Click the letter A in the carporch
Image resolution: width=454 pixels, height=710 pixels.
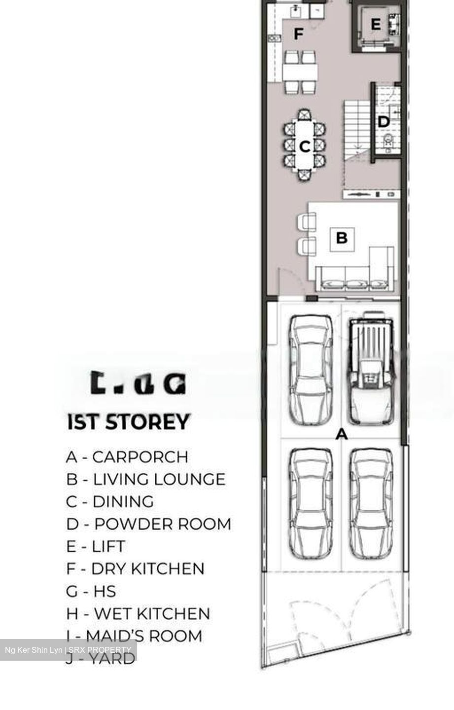(341, 434)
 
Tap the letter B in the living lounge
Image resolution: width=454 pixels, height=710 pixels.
(342, 238)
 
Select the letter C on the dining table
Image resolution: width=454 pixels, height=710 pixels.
(305, 146)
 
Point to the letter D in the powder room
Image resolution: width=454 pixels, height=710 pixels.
(383, 122)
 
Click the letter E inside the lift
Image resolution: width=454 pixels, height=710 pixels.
(376, 24)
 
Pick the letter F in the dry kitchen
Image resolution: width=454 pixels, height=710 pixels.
(298, 34)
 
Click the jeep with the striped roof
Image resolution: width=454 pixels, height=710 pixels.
(371, 367)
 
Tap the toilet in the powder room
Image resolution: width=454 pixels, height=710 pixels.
(389, 142)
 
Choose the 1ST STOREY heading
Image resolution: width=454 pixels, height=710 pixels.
(128, 423)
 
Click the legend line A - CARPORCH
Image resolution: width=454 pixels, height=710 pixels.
(127, 457)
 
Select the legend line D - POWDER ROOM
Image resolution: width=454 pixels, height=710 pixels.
(148, 524)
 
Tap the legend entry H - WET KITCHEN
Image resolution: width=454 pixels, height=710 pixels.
(138, 614)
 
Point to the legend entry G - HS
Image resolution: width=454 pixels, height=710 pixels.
(91, 591)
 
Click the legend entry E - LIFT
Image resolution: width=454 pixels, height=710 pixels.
(96, 546)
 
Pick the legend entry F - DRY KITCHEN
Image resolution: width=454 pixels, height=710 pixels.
(135, 569)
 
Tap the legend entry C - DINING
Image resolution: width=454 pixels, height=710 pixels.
(110, 501)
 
